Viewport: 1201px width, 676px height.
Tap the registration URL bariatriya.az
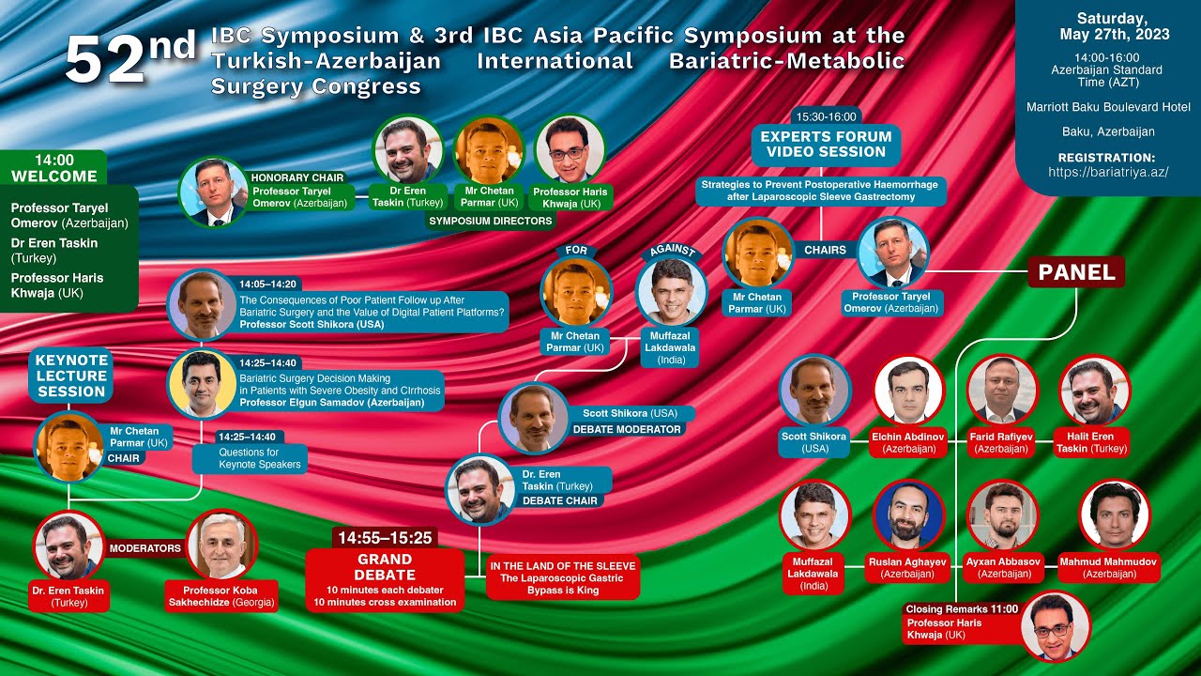pyautogui.click(x=1108, y=173)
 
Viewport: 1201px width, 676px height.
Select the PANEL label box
pyautogui.click(x=1075, y=272)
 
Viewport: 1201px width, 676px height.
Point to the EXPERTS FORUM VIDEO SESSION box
pyautogui.click(x=826, y=144)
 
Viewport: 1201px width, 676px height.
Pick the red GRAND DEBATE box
pyautogui.click(x=385, y=580)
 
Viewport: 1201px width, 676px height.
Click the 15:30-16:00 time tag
pyautogui.click(x=826, y=116)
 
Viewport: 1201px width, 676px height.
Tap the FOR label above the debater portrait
pyautogui.click(x=576, y=251)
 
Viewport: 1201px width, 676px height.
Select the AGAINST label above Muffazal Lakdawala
pyautogui.click(x=672, y=251)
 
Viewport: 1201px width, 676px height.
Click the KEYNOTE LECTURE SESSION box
pyautogui.click(x=71, y=376)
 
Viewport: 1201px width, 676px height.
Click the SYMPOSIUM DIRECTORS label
pyautogui.click(x=490, y=222)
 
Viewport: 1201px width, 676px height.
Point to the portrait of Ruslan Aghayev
pyautogui.click(x=908, y=515)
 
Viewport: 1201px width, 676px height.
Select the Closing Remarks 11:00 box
pyautogui.click(x=962, y=622)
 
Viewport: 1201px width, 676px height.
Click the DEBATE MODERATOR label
pyautogui.click(x=627, y=429)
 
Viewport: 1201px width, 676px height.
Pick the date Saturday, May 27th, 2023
pyautogui.click(x=1112, y=26)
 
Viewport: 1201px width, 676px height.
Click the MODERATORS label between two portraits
pyautogui.click(x=144, y=547)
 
